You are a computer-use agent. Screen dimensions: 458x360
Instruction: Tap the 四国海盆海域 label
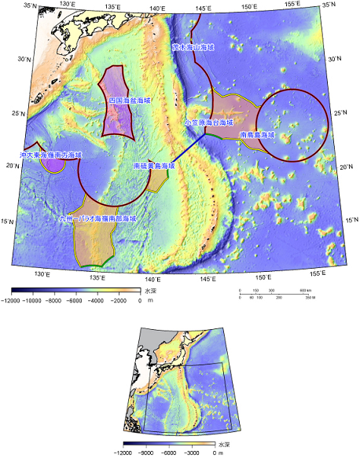(130, 101)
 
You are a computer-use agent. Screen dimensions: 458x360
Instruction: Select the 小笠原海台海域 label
(208, 123)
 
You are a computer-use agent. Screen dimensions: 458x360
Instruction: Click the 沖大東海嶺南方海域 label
(51, 156)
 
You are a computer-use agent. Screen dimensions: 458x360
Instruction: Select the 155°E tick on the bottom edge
(315, 272)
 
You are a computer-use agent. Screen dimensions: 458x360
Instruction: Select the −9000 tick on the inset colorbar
(144, 453)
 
